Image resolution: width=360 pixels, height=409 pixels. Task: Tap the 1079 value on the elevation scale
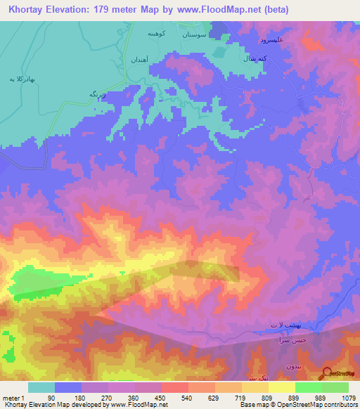348,397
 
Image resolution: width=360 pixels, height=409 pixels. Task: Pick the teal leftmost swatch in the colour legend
41,387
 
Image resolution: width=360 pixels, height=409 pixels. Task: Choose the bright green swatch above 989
308,387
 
